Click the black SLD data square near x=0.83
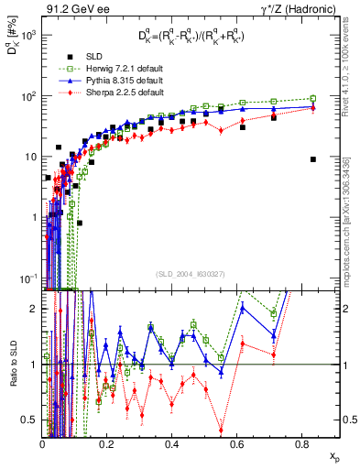[x=313, y=158]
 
